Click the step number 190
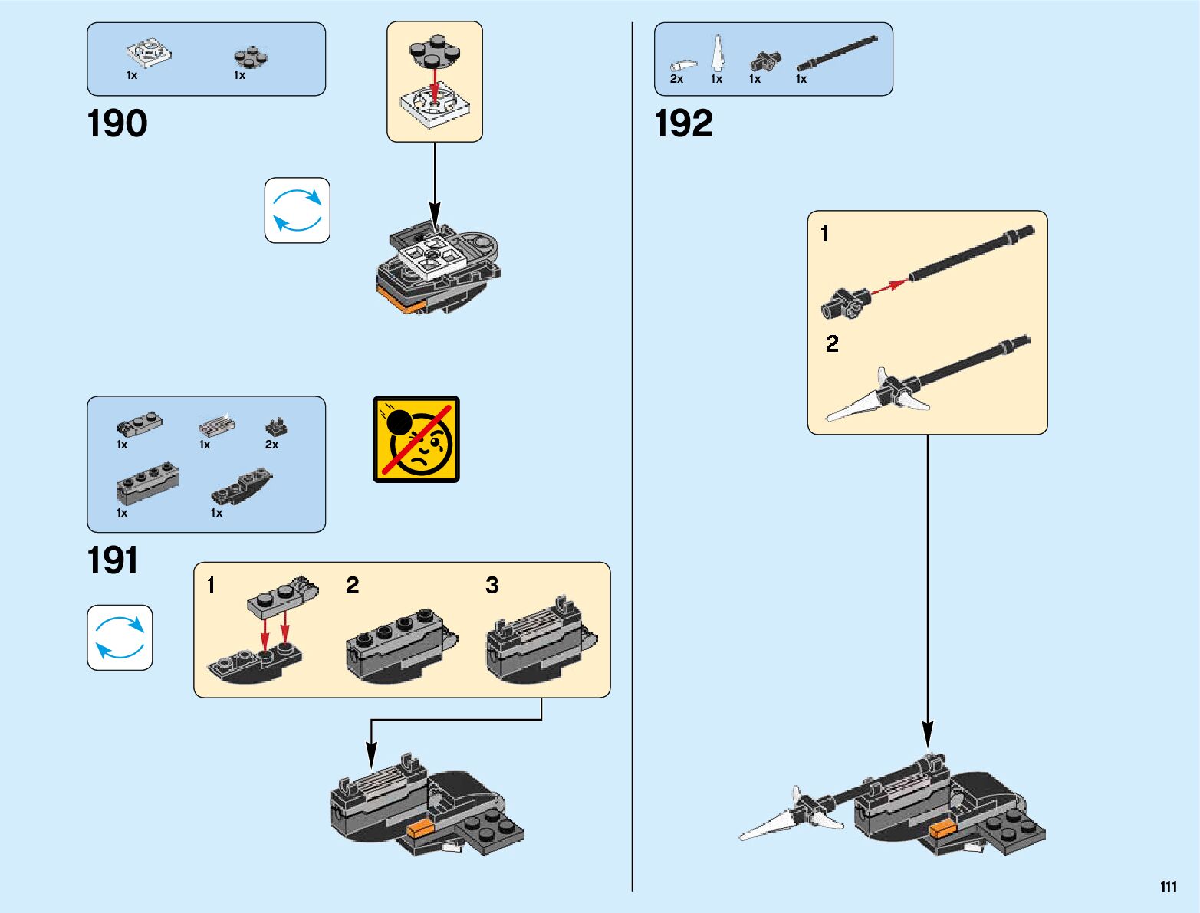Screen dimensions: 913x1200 click(x=117, y=124)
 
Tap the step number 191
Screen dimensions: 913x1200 click(x=113, y=561)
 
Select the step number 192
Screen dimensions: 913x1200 click(x=683, y=124)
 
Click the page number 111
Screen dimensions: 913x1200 click(x=1168, y=887)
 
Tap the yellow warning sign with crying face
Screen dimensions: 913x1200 click(x=416, y=439)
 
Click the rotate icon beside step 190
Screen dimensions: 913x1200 click(x=298, y=211)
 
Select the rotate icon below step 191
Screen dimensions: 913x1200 click(x=120, y=638)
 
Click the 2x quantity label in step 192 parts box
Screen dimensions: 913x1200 click(x=676, y=79)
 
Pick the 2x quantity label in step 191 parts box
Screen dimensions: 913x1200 click(x=271, y=445)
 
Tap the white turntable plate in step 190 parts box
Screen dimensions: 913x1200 click(x=149, y=53)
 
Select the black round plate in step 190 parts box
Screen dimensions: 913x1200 click(x=251, y=57)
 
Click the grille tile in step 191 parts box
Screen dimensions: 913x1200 click(x=217, y=423)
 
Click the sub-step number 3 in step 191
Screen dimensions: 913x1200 click(x=492, y=586)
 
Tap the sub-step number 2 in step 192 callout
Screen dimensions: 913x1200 click(x=832, y=343)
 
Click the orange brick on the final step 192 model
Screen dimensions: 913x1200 click(x=941, y=829)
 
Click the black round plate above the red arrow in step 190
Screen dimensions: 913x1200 click(x=435, y=49)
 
